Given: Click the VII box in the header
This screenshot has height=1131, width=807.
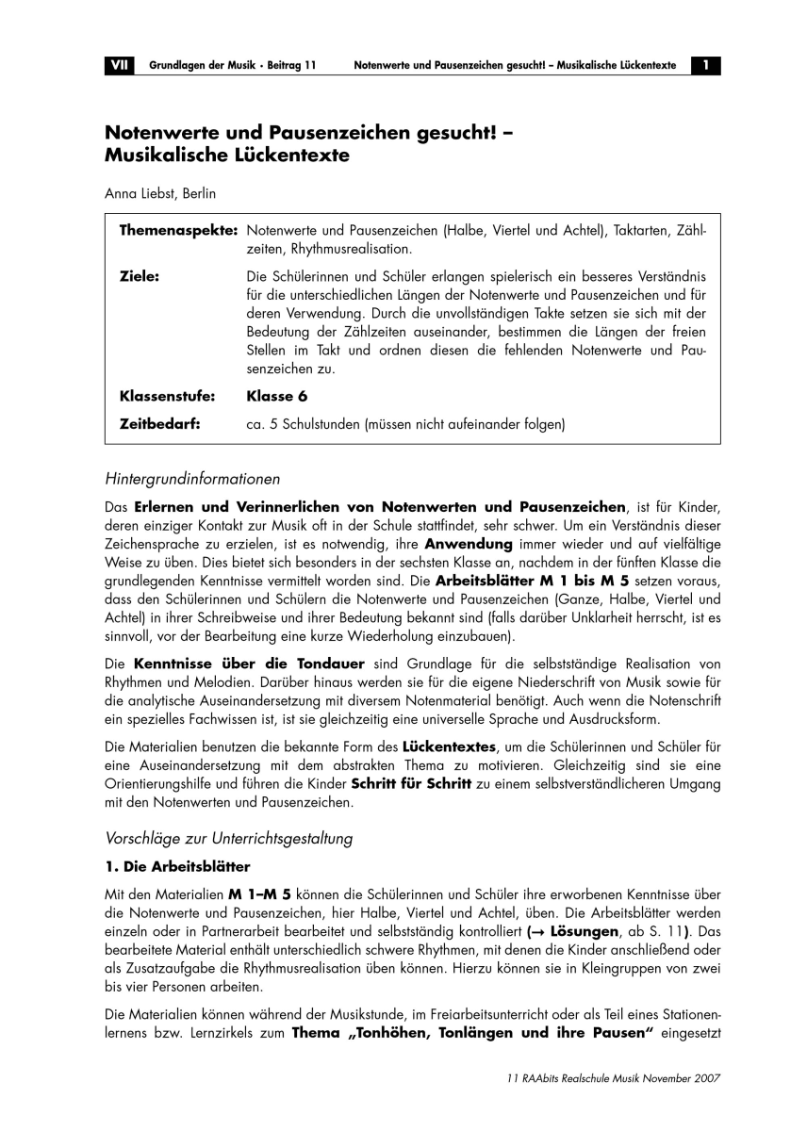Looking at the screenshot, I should pos(119,65).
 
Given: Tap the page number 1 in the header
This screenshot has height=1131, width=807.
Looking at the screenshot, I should pos(704,65).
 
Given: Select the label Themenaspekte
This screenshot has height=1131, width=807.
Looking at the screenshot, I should pos(178,231).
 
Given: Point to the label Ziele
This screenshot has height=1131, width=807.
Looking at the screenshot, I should pos(140,276).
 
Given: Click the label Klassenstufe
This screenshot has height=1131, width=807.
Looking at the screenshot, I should pos(167,397).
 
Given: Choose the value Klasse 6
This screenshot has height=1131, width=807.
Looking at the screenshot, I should pos(276,397).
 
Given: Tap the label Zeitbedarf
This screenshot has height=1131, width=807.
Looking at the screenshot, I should pos(160,424).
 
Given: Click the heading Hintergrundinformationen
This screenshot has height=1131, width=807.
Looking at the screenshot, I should pos(192,478).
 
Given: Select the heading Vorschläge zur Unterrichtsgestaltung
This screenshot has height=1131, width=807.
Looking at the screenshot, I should pos(228,836).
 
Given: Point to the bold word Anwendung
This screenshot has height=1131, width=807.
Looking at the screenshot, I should pos(469,545).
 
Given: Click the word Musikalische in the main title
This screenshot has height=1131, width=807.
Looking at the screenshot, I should pos(166,156).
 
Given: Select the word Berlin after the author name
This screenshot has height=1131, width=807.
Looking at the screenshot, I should pos(198,194).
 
